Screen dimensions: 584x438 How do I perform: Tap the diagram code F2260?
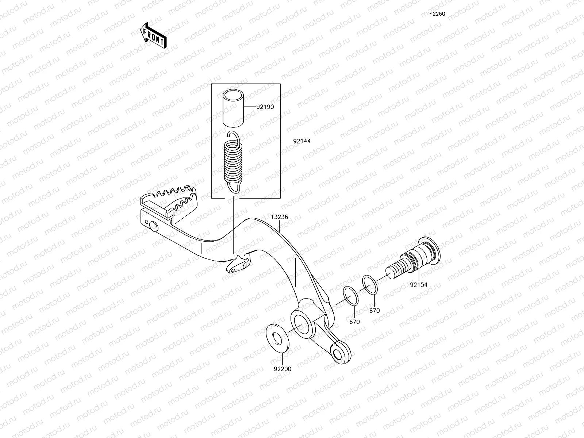click(x=437, y=14)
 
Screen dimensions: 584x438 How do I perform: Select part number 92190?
click(x=265, y=107)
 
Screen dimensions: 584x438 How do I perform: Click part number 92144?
click(x=301, y=141)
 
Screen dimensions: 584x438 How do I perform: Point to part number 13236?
click(x=279, y=217)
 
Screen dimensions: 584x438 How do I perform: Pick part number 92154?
click(x=418, y=285)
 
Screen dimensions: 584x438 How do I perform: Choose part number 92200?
click(x=283, y=369)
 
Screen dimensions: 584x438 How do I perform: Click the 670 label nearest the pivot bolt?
click(x=374, y=311)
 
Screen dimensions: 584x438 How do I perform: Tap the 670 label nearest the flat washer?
click(x=354, y=322)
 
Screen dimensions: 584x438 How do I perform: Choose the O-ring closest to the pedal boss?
click(x=351, y=296)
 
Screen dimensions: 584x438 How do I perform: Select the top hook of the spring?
click(x=233, y=137)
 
